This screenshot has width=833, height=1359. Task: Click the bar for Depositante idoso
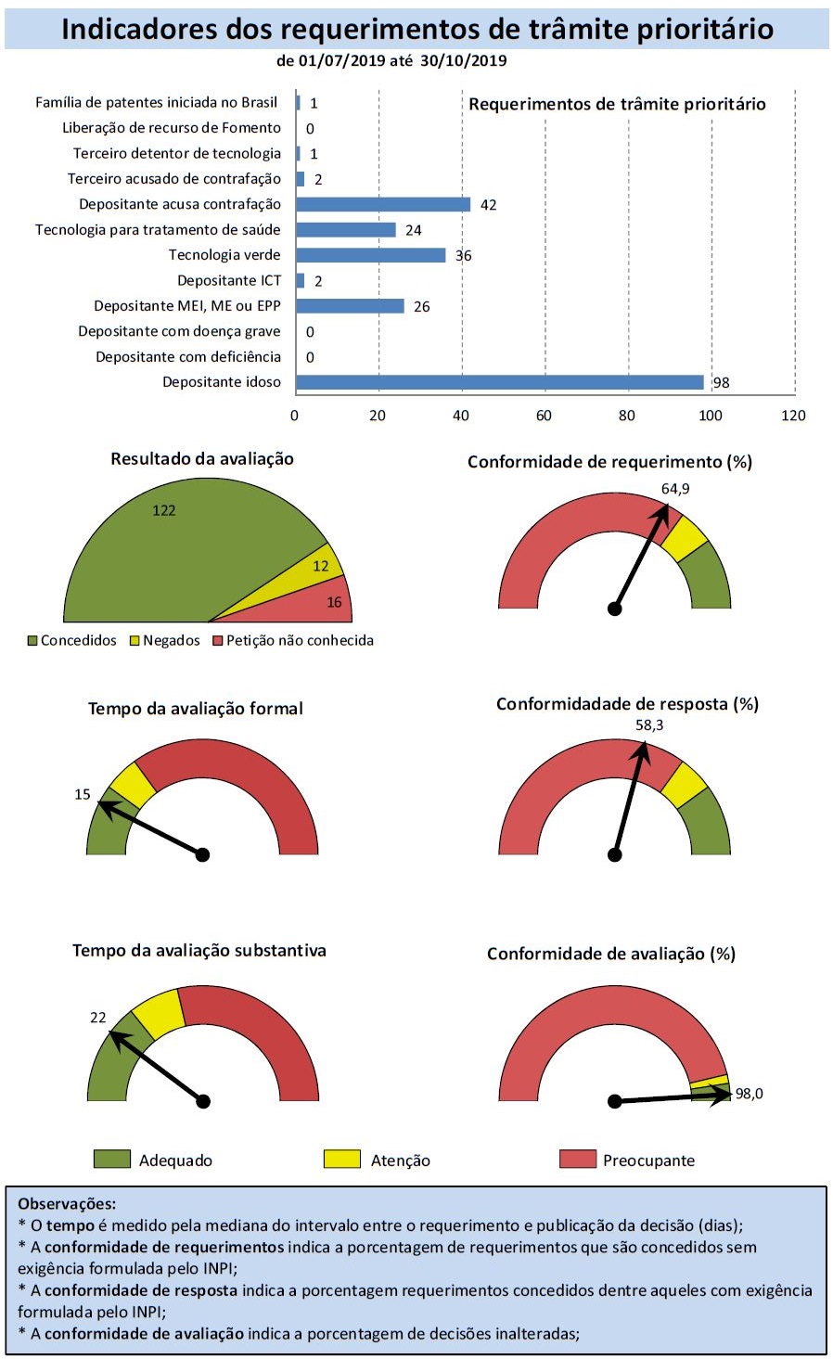[x=499, y=382]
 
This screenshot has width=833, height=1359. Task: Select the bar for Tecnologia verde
[x=370, y=255]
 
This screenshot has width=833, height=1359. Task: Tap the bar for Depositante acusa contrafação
[x=382, y=204]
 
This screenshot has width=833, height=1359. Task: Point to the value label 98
[x=721, y=382]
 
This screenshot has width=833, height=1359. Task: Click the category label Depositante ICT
[x=228, y=280]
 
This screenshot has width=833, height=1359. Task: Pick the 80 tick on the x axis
[x=627, y=416]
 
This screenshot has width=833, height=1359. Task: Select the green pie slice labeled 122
[x=186, y=547]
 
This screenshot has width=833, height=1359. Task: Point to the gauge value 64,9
[x=674, y=489]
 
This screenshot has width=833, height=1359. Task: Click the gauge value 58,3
[x=649, y=725]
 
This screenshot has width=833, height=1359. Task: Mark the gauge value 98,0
[x=749, y=1094]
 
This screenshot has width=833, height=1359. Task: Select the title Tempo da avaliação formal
[x=196, y=709]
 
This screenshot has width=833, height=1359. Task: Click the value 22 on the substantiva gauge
[x=98, y=1018]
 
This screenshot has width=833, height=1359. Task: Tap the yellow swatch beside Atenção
[x=341, y=1159]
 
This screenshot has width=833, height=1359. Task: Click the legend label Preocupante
[x=647, y=1160]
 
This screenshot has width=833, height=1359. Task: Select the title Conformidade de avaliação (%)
[x=610, y=954]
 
